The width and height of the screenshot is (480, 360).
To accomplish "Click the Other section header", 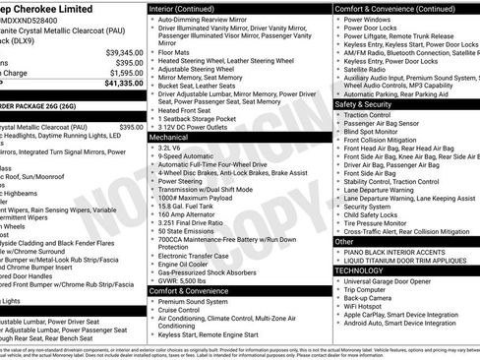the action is pyautogui.click(x=345, y=241).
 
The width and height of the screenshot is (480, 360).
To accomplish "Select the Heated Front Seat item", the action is pyautogui.click(x=193, y=110).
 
